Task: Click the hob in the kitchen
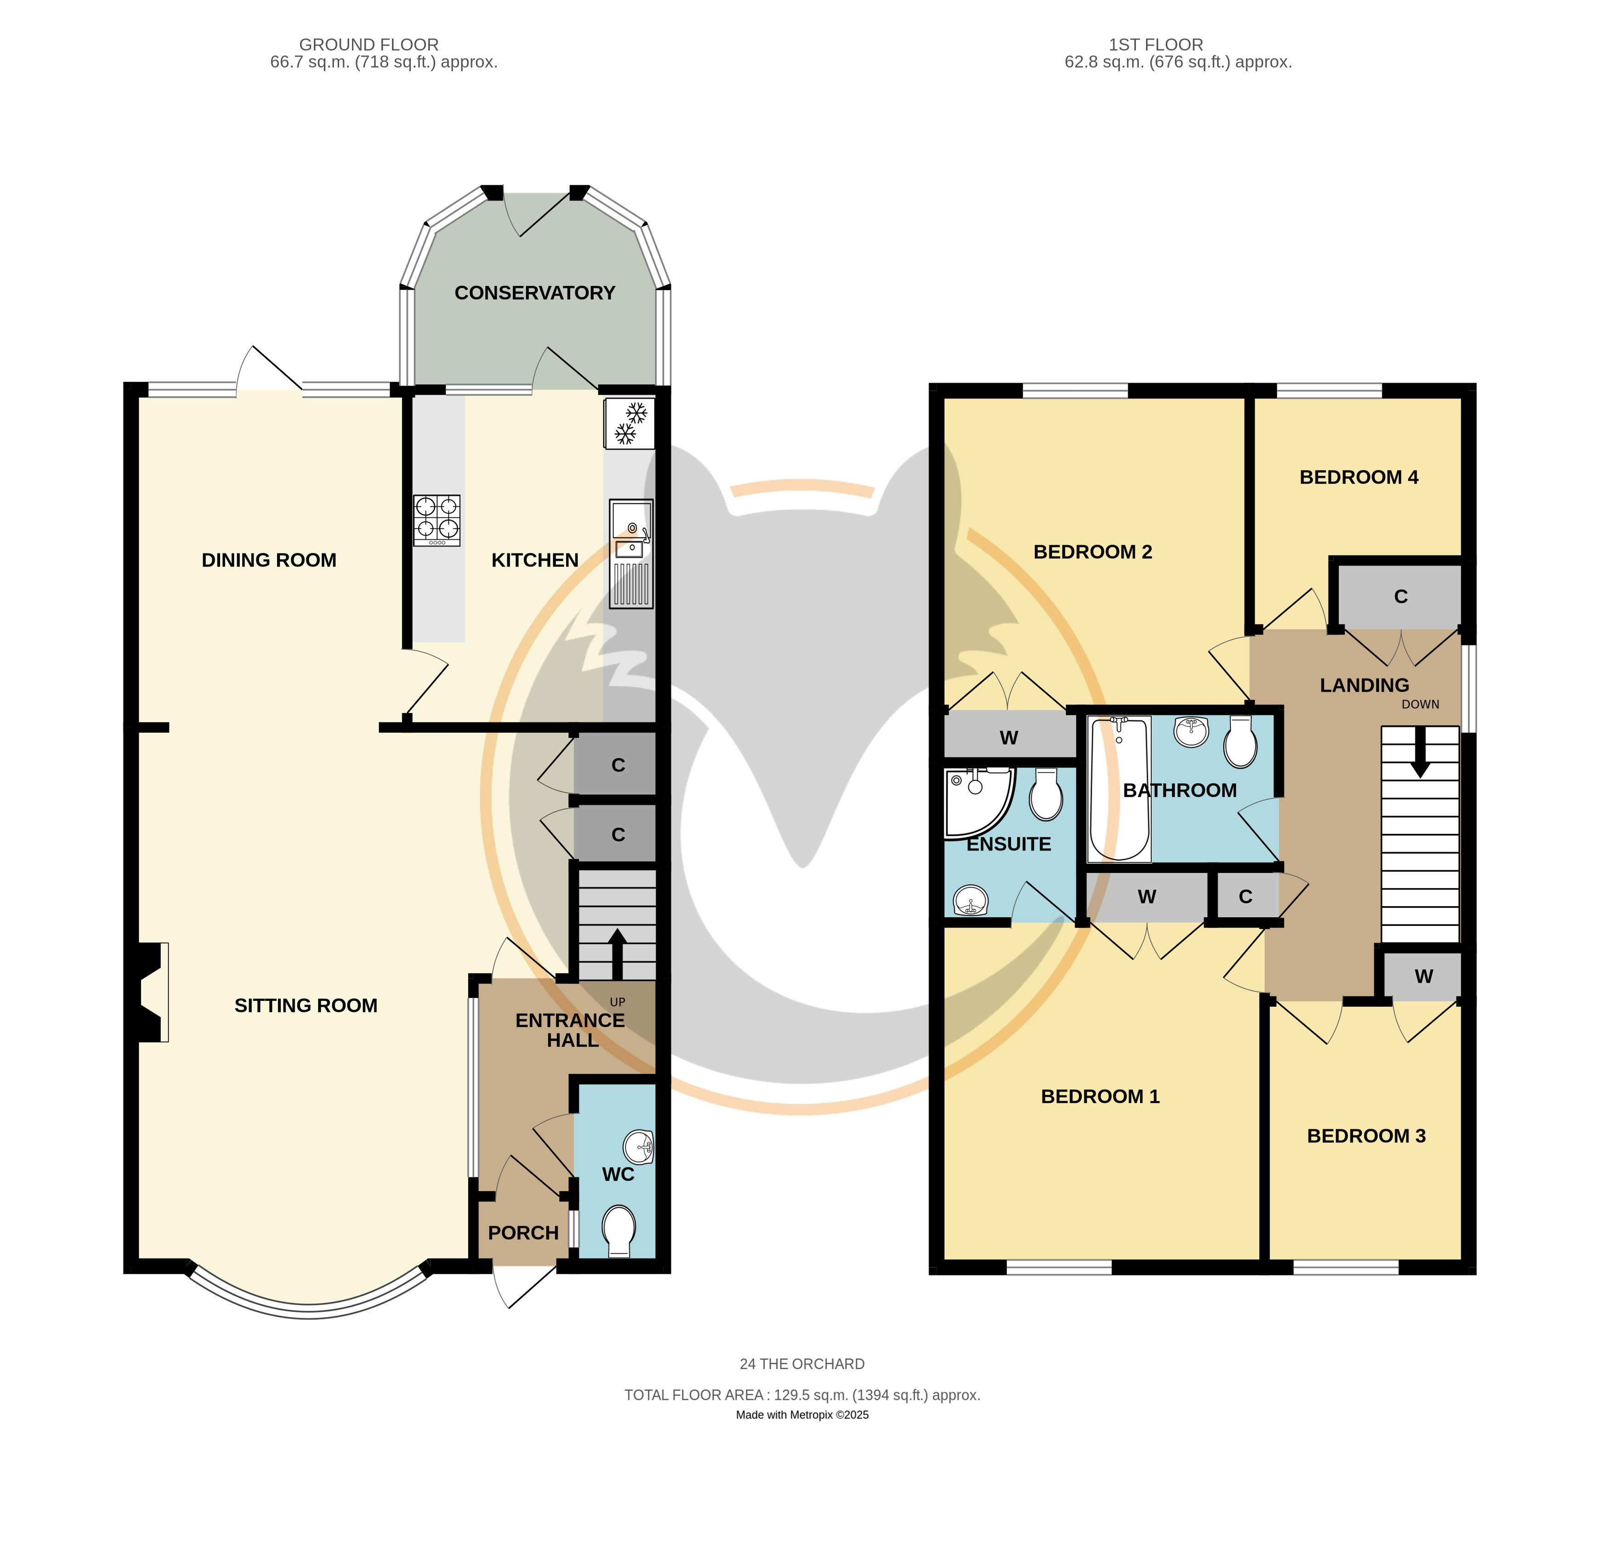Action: point(437,520)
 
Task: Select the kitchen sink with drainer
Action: point(631,554)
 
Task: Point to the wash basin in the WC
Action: point(638,1147)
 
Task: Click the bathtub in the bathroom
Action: point(1119,789)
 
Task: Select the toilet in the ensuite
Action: point(1046,794)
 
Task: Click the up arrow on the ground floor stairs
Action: point(618,954)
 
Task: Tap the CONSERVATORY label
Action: point(535,293)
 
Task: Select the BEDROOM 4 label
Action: point(1359,477)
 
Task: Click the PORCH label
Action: point(523,1233)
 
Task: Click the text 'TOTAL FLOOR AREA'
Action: point(694,1395)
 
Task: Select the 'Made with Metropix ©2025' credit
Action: point(802,1415)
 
